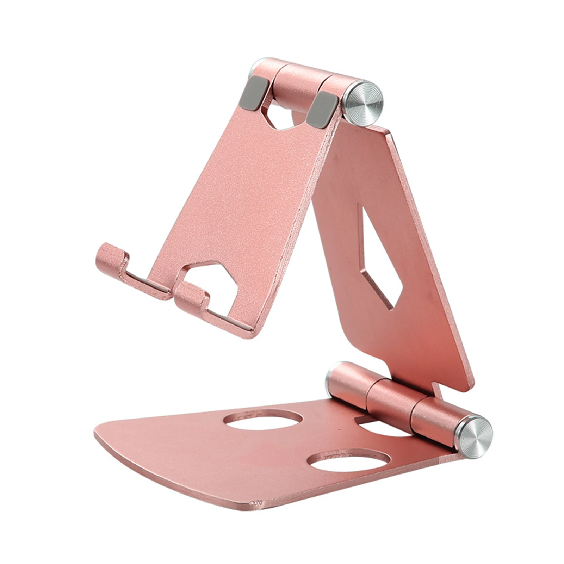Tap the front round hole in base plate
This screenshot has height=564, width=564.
(x=349, y=461)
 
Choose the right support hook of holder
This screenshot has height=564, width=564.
(x=191, y=297)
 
